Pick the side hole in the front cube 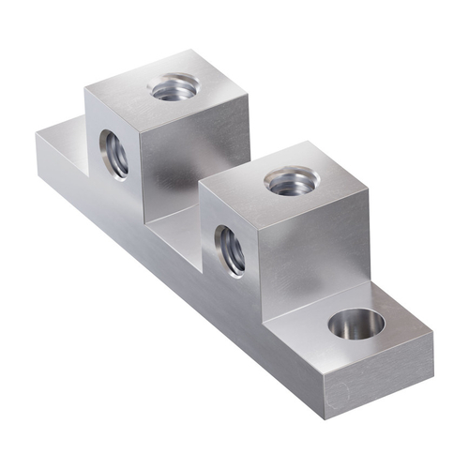230,249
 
